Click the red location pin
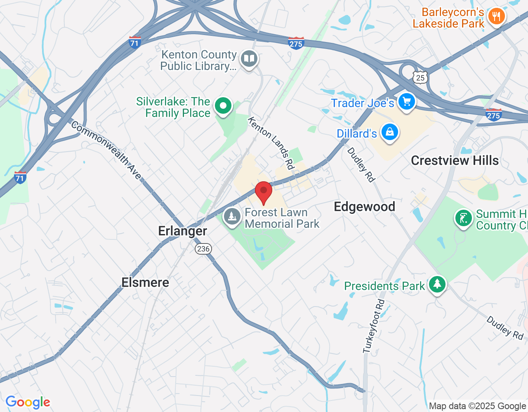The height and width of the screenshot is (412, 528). pos(264,192)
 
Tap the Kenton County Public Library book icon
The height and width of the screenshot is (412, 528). pos(249,59)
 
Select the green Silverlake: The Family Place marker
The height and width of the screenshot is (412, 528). pos(223,106)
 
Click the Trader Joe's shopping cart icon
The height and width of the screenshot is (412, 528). pos(406,101)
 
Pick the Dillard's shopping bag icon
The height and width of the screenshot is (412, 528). pos(389,132)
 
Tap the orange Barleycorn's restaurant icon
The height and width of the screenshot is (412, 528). pos(496,17)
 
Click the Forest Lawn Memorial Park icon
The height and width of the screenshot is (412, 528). pos(232,216)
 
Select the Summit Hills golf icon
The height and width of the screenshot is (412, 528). pos(463,218)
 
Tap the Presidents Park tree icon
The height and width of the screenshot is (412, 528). pos(437,284)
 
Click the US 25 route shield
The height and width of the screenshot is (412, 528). pos(420,77)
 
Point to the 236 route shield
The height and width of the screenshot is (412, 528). pos(203,248)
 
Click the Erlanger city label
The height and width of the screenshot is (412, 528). pos(182,231)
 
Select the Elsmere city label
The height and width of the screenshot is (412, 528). pos(145,283)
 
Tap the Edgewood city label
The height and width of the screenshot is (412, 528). pos(364,207)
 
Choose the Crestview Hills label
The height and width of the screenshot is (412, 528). pos(455,161)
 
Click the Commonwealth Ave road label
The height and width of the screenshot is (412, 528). pos(106,150)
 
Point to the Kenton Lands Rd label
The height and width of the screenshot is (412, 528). pos(271,143)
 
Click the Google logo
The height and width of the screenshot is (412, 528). pos(28,402)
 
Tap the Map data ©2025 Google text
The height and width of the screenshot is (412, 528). pos(477,406)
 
